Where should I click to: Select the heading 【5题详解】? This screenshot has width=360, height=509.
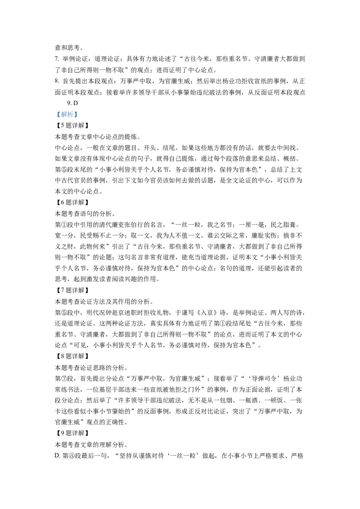(72, 125)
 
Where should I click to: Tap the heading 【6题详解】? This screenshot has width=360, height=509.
(72, 202)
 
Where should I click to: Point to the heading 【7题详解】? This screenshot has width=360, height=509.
(72, 290)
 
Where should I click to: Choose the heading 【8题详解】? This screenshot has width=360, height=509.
(72, 356)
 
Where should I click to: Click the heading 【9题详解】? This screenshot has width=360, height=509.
(72, 433)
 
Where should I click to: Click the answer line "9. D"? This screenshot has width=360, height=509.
(72, 103)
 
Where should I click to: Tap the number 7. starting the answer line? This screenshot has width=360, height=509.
(57, 59)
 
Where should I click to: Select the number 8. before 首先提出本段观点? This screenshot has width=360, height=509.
(57, 81)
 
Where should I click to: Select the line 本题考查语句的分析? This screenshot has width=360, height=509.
(85, 214)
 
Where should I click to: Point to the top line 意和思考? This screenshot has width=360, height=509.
(69, 48)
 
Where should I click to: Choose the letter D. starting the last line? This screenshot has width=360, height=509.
(58, 456)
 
